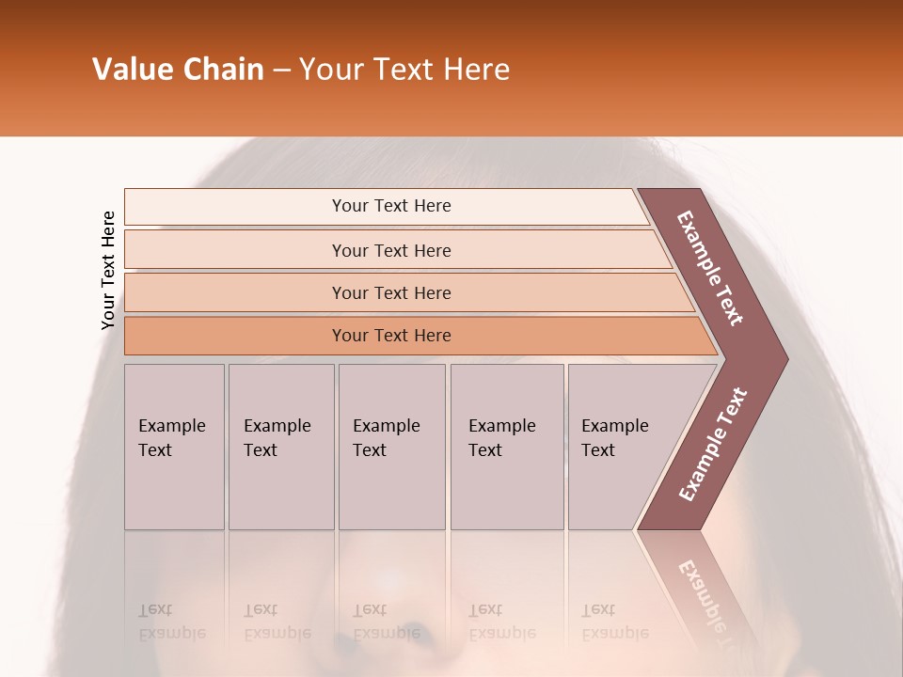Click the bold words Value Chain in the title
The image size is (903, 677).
178,70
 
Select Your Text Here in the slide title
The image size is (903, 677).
404,70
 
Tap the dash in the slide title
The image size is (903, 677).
281,71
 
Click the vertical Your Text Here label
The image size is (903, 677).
108,270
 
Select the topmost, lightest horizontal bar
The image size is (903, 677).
391,206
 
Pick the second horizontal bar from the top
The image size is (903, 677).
391,250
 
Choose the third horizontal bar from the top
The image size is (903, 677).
391,292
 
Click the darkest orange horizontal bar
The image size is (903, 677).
391,336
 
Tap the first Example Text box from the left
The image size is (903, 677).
174,447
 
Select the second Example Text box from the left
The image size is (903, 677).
280,447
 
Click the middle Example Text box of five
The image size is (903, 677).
390,447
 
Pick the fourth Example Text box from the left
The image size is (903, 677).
506,447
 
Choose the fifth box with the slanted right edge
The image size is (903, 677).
621,447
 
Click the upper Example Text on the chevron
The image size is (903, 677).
711,268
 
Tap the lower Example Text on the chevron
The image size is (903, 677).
713,444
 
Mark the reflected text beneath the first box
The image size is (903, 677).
171,622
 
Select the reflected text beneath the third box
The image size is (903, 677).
386,622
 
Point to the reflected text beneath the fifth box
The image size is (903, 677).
614,622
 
